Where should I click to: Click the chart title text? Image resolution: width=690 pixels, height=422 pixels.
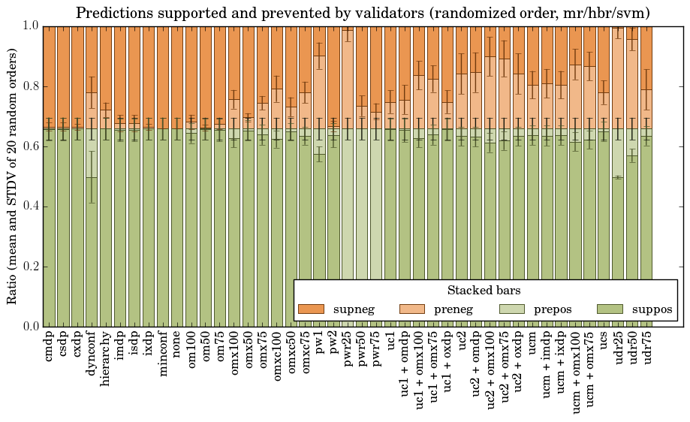(363, 13)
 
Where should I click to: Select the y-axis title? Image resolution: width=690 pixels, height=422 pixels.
(12, 176)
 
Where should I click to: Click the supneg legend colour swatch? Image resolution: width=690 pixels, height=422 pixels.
(311, 309)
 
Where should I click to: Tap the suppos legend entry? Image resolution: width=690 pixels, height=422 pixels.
(634, 309)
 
